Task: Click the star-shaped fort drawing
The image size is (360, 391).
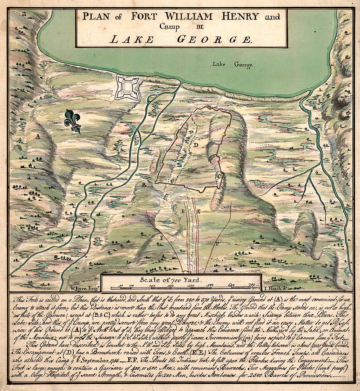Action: point(126,87)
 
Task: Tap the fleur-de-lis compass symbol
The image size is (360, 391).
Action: point(73,121)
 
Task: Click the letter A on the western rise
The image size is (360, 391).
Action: point(39,135)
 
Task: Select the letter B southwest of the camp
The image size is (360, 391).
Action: point(144,185)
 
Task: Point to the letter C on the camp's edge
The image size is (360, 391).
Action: point(219,177)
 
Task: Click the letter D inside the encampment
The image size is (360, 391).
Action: point(196,145)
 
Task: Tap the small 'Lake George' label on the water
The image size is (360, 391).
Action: point(233,64)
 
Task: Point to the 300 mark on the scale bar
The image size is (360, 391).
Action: point(171,285)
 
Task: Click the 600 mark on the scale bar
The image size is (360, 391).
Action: point(231,285)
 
